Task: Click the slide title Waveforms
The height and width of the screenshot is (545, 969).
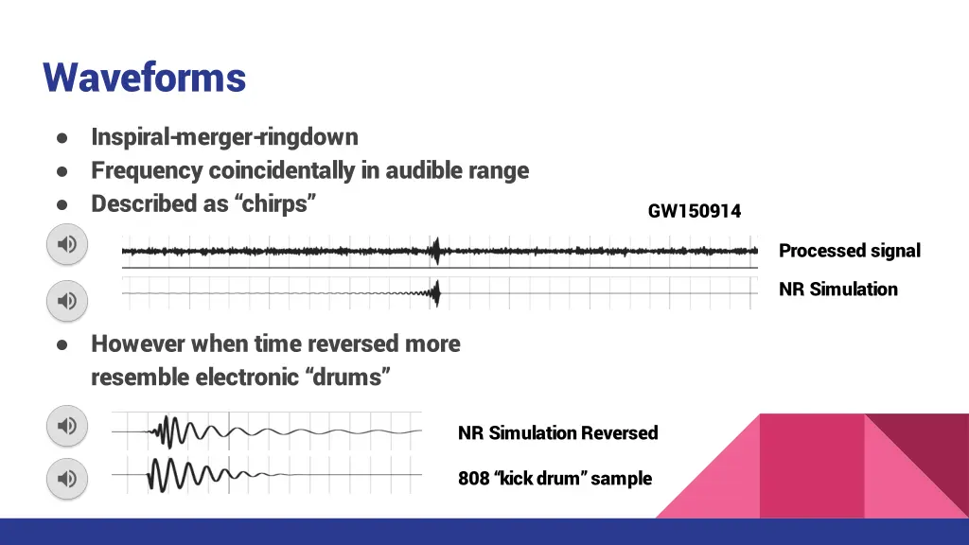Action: tap(144, 77)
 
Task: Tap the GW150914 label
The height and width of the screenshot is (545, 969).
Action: tap(694, 211)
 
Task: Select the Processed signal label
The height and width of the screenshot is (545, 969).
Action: tap(849, 251)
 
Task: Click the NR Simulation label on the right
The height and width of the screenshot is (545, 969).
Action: tap(837, 290)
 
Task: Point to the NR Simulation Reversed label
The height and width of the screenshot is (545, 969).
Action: tap(557, 433)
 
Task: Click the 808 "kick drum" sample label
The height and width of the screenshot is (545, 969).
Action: tap(555, 479)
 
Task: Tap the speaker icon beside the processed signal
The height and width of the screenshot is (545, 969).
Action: tap(67, 245)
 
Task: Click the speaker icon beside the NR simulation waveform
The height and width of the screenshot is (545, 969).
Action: tap(67, 301)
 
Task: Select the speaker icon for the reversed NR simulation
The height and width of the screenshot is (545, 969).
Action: tap(67, 426)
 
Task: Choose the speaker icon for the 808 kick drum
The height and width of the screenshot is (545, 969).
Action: tap(67, 479)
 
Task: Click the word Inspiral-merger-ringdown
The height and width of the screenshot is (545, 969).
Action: tap(224, 137)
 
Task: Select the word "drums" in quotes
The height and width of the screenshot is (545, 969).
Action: tap(348, 378)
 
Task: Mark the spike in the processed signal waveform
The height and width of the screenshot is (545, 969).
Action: tap(436, 251)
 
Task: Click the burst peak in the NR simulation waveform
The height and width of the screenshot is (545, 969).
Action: tap(436, 294)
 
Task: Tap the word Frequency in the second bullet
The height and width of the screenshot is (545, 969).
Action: tap(147, 170)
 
